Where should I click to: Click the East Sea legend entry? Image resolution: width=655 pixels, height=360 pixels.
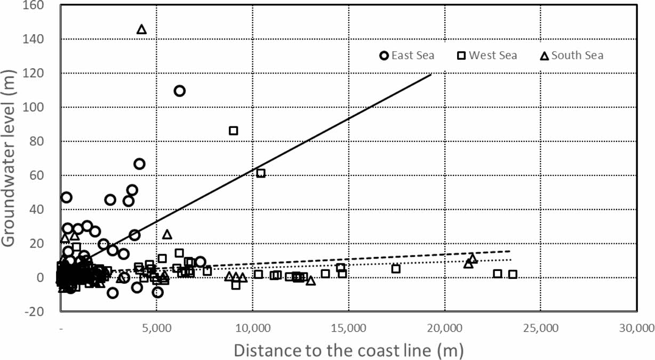coord(407,55)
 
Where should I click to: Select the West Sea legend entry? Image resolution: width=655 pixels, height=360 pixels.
coord(488,55)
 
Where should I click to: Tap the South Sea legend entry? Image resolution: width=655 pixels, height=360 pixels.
coord(572,55)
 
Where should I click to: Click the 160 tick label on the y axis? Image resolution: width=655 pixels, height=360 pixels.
coord(36,5)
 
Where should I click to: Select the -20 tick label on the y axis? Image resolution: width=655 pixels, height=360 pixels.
coord(36,312)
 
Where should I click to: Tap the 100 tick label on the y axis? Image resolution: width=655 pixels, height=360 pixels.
coord(36,108)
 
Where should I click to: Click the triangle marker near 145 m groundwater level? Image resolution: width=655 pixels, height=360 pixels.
coord(141,29)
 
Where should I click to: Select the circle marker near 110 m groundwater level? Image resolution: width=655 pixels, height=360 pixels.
coord(180,91)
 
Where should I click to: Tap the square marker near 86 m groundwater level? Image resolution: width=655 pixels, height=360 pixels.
coord(233,131)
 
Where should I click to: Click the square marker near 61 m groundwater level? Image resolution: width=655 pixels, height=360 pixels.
coord(261,173)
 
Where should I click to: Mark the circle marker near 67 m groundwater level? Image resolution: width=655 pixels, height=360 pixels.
coord(139,164)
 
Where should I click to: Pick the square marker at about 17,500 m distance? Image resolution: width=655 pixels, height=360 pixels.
coord(396,269)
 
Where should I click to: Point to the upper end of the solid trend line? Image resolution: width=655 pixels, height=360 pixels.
coord(431,74)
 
